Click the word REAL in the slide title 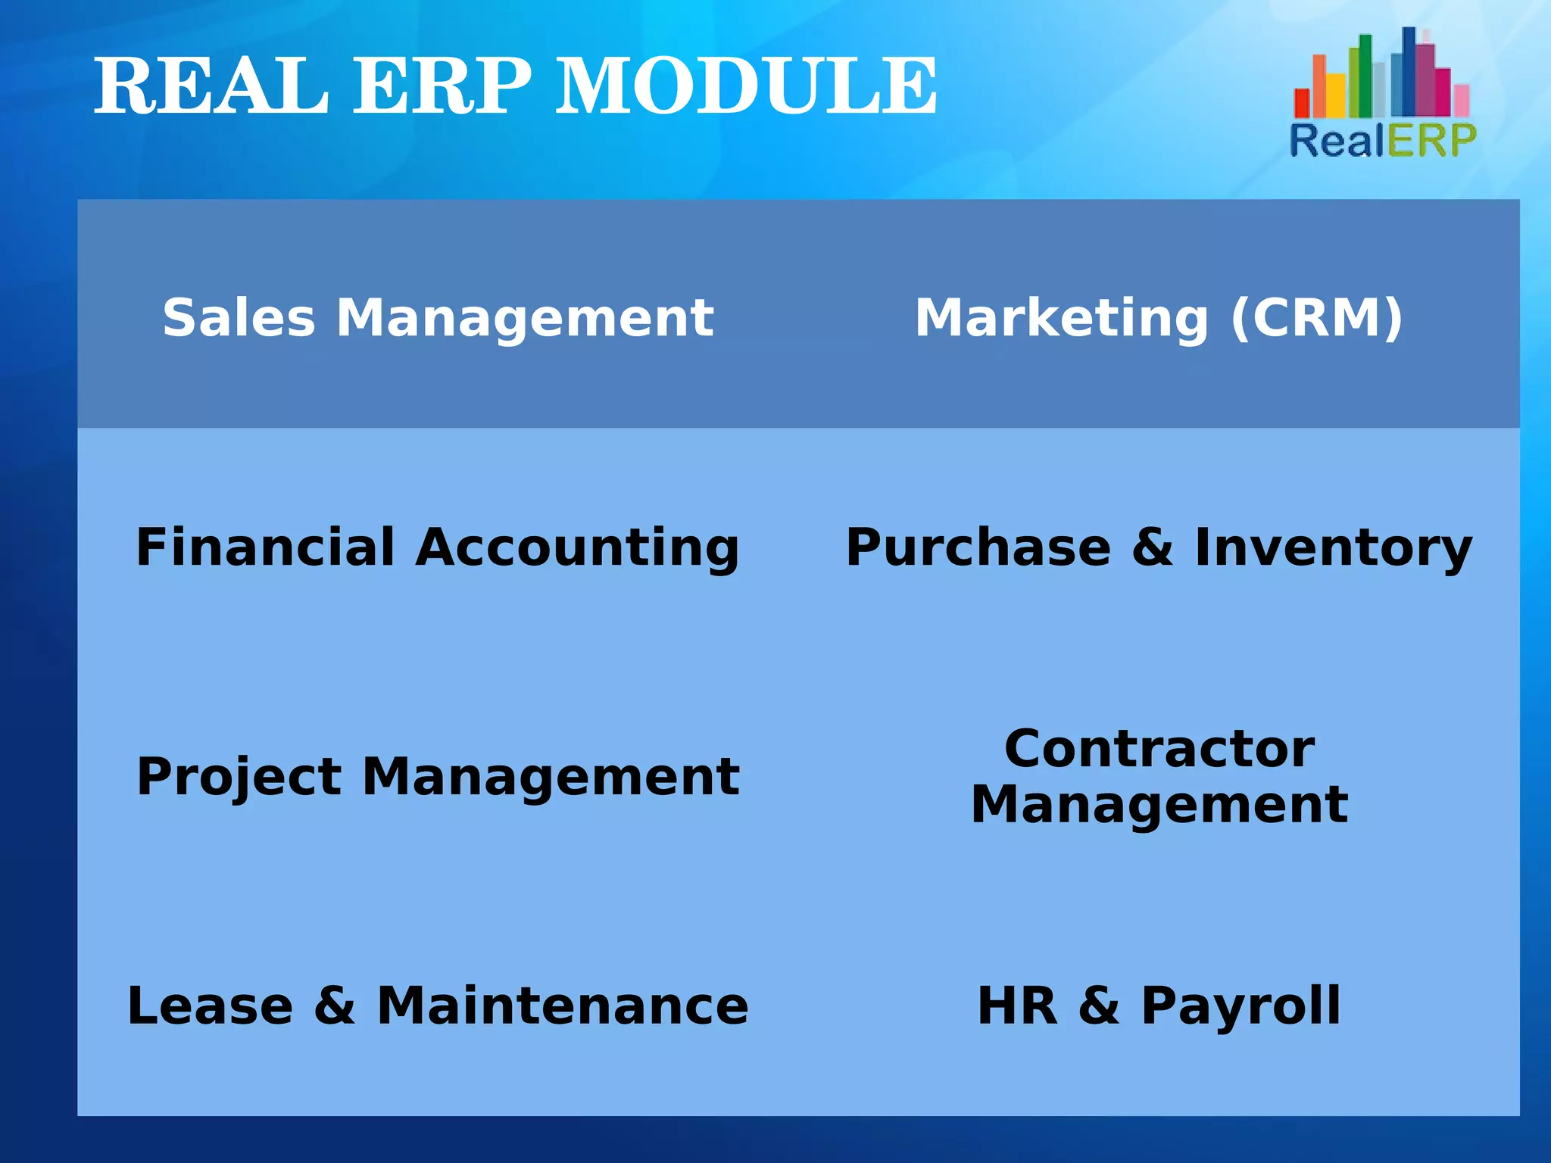pyautogui.click(x=211, y=86)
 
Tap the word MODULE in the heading pyautogui.click(x=747, y=86)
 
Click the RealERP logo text pyautogui.click(x=1383, y=141)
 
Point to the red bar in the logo pyautogui.click(x=1302, y=102)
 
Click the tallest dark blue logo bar pyautogui.click(x=1408, y=72)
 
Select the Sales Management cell pyautogui.click(x=438, y=317)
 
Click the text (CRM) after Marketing pyautogui.click(x=1317, y=317)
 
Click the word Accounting pyautogui.click(x=577, y=548)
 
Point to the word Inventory pyautogui.click(x=1333, y=548)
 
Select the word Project pyautogui.click(x=239, y=778)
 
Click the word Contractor pyautogui.click(x=1159, y=749)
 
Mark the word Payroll pyautogui.click(x=1240, y=1007)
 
